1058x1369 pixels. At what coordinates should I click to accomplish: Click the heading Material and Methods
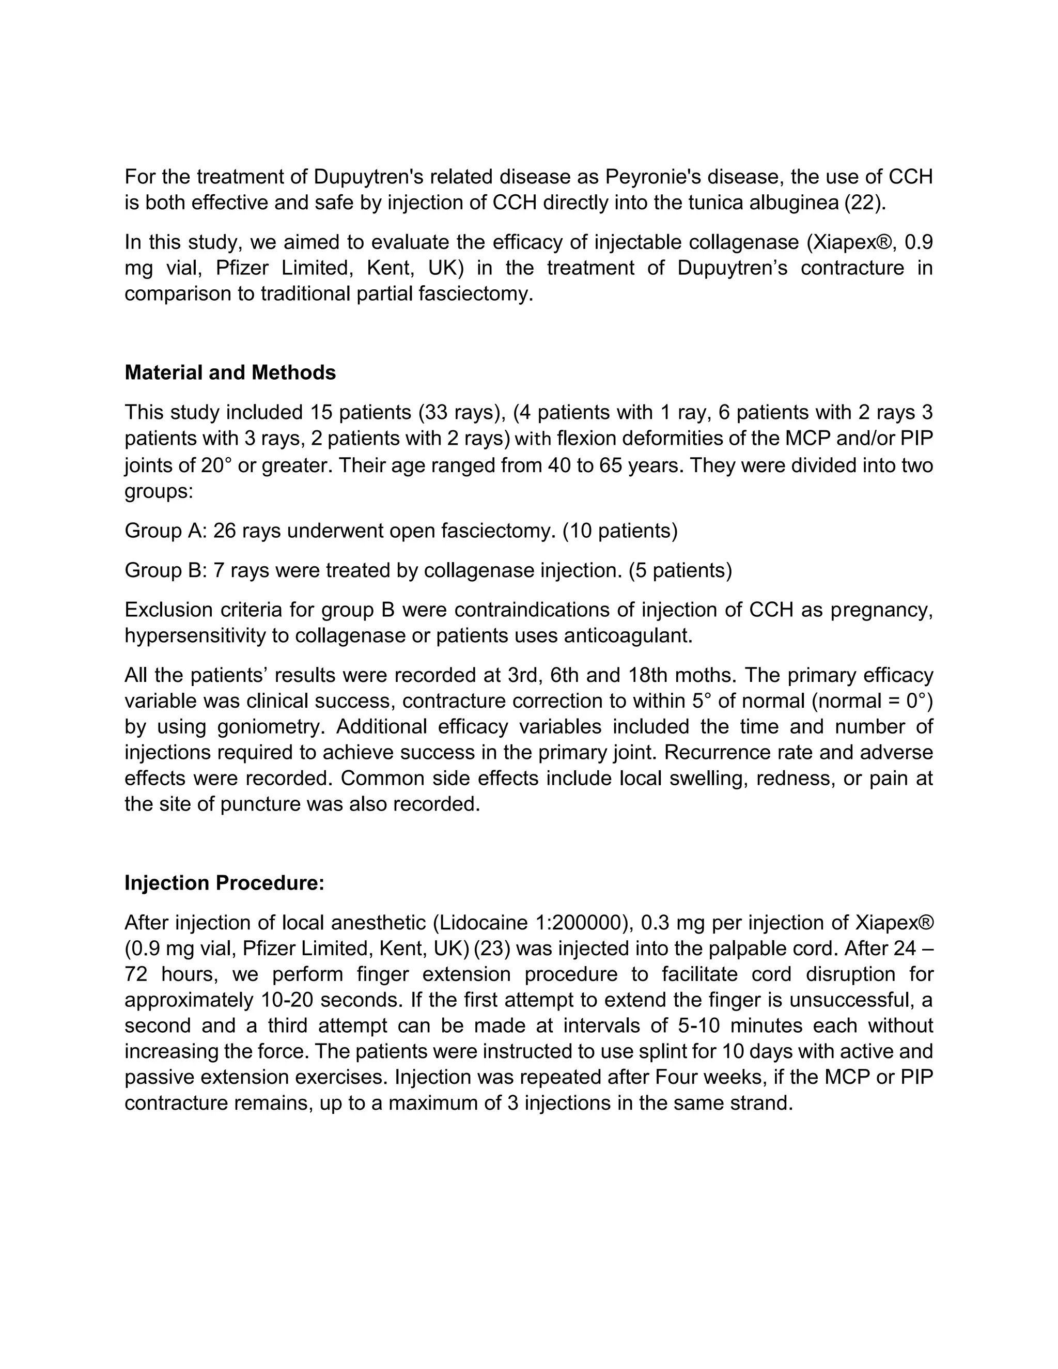[230, 373]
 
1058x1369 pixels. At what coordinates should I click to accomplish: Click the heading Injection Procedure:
[224, 883]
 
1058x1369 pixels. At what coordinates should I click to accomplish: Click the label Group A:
[165, 531]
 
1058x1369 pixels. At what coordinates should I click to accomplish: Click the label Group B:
[165, 570]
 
